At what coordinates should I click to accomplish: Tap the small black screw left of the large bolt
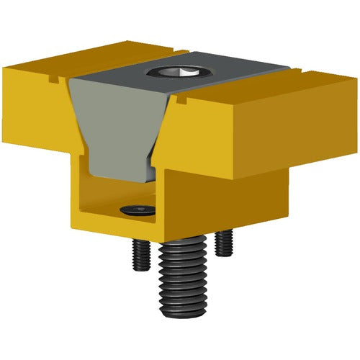tap(140, 253)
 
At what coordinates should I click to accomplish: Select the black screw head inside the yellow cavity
tap(138, 210)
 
